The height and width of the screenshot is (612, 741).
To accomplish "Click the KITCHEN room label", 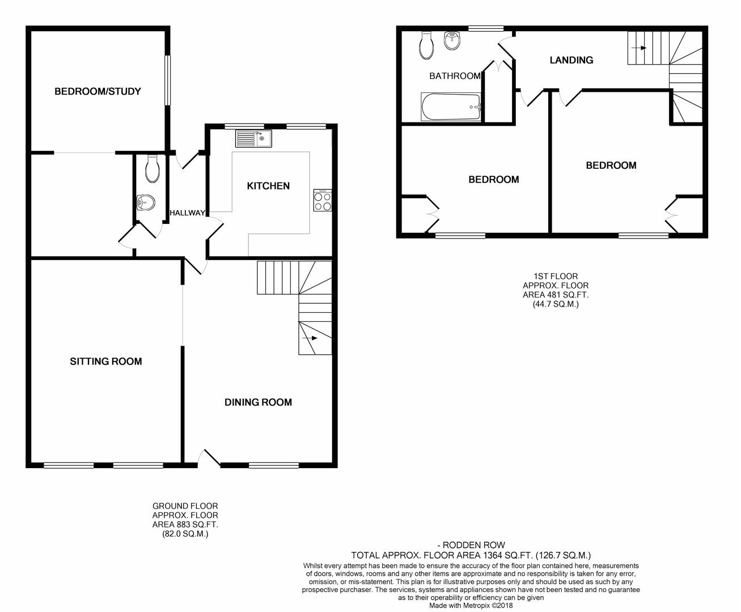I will [x=268, y=186].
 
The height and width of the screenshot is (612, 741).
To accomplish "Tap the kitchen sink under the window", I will [x=254, y=138].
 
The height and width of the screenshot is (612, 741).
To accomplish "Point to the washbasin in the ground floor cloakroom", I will [x=146, y=201].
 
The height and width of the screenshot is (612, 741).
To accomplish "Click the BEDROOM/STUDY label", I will [x=98, y=91].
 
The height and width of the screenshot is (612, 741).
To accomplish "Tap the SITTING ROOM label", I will [x=105, y=362].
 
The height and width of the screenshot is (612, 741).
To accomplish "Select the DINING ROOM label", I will [x=258, y=402].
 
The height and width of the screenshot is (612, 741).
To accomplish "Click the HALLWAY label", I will [x=187, y=213].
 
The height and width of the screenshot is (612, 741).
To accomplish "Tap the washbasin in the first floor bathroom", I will [x=452, y=40].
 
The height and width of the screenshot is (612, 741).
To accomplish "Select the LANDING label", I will [x=571, y=60].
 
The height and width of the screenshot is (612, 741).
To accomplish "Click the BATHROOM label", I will [x=455, y=76].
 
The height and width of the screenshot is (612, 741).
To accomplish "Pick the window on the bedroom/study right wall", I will [x=167, y=80].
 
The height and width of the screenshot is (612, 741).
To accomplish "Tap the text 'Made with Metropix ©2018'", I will [x=471, y=605].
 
